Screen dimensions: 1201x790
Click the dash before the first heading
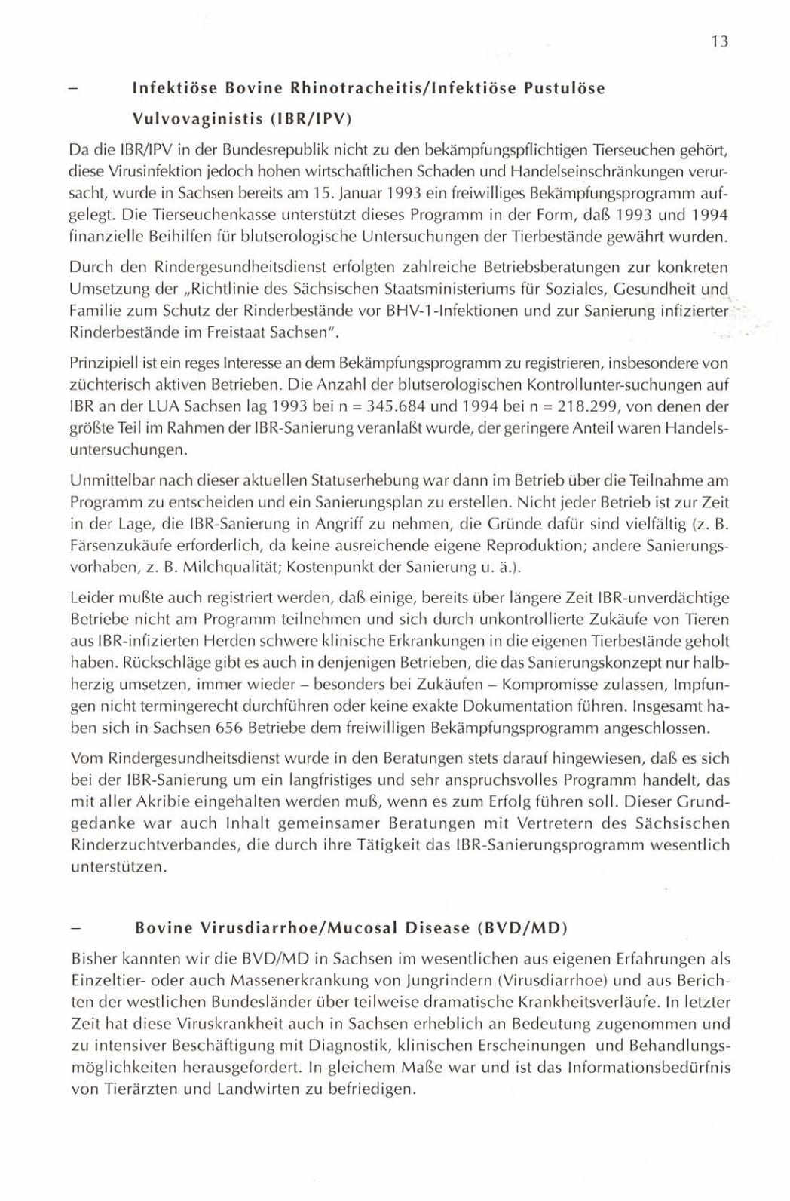pos(73,89)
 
